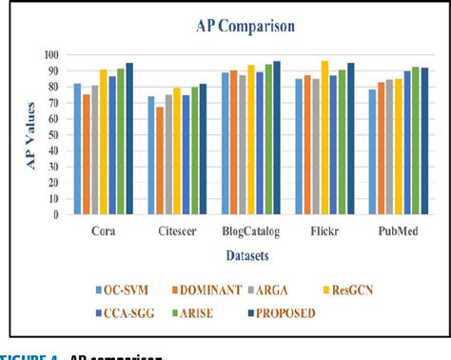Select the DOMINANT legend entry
pos(208,289)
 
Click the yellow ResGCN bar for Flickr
pos(324,137)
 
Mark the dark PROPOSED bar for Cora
pos(129,138)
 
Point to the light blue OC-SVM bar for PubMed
pos(373,151)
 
